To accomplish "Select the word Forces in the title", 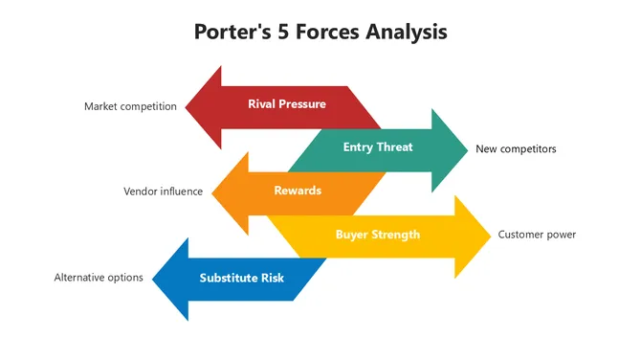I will click(329, 32).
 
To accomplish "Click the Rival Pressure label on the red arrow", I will click(286, 104).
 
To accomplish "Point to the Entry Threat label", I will click(378, 147).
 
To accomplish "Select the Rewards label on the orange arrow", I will click(298, 191).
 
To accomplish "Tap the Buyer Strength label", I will click(377, 234).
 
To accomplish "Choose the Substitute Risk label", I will click(242, 278).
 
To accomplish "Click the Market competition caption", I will click(130, 106).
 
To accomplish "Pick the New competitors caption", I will click(516, 149).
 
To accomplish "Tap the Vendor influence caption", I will click(163, 191).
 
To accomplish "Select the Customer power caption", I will click(537, 235).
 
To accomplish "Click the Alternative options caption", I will click(99, 278).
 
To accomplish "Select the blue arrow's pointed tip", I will click(154, 279).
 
